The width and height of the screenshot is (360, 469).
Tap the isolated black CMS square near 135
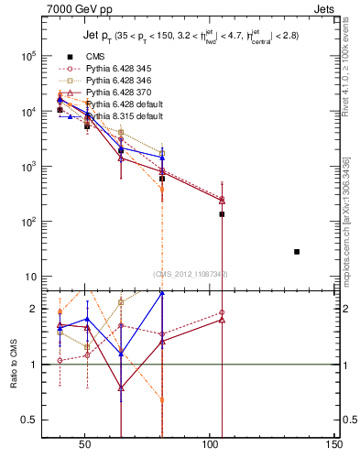point(297,251)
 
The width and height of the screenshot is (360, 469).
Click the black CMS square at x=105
point(222,213)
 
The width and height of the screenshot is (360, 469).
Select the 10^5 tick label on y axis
point(27,56)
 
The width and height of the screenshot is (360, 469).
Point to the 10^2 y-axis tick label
point(27,223)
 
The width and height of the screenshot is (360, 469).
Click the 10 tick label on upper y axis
point(29,278)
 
